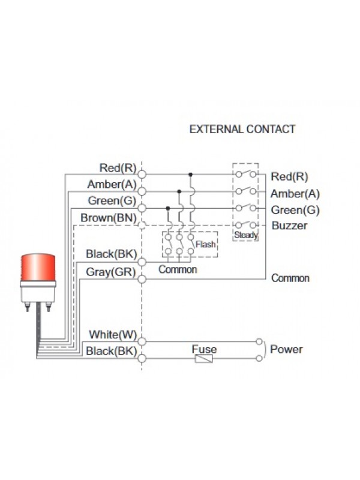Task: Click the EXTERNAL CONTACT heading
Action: click(242, 129)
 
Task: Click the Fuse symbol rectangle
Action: click(204, 359)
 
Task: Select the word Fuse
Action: click(204, 349)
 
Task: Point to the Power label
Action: click(286, 349)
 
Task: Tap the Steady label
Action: click(246, 235)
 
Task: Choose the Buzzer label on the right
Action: click(289, 226)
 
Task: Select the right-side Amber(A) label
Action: click(295, 194)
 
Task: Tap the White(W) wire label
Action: click(113, 334)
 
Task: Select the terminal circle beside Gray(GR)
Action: click(142, 279)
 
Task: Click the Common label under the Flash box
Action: click(178, 270)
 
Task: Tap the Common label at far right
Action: click(290, 278)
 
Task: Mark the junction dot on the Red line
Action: click(191, 175)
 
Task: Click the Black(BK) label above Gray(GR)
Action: click(111, 254)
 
